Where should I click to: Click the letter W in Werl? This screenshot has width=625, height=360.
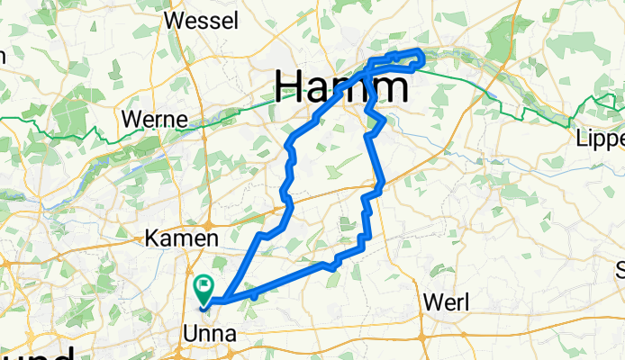coord(431,303)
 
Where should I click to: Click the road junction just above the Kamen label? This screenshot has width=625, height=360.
coord(209,221)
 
